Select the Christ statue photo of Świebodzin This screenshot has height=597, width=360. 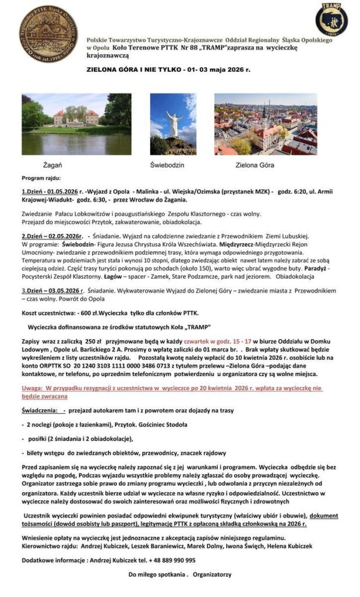[x=174, y=124]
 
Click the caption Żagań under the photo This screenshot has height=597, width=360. [x=52, y=165]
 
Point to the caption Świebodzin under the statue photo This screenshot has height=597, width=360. [x=167, y=165]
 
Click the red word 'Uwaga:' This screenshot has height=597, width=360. [x=34, y=388]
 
